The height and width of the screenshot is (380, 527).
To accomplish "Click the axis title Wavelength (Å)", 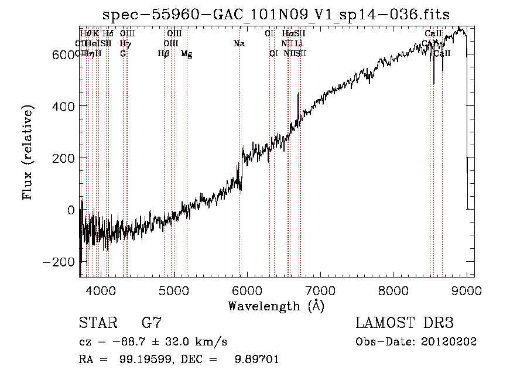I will pyautogui.click(x=276, y=305).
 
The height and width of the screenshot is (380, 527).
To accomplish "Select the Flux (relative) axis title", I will pyautogui.click(x=28, y=152).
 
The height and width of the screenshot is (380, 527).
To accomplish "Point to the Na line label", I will pyautogui.click(x=239, y=43).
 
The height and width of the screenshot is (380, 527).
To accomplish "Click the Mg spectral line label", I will pyautogui.click(x=186, y=54).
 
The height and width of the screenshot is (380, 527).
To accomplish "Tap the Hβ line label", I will pyautogui.click(x=163, y=54).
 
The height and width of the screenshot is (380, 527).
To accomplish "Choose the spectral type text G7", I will pyautogui.click(x=152, y=323).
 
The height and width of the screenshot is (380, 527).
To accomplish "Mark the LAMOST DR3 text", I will pyautogui.click(x=404, y=323).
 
